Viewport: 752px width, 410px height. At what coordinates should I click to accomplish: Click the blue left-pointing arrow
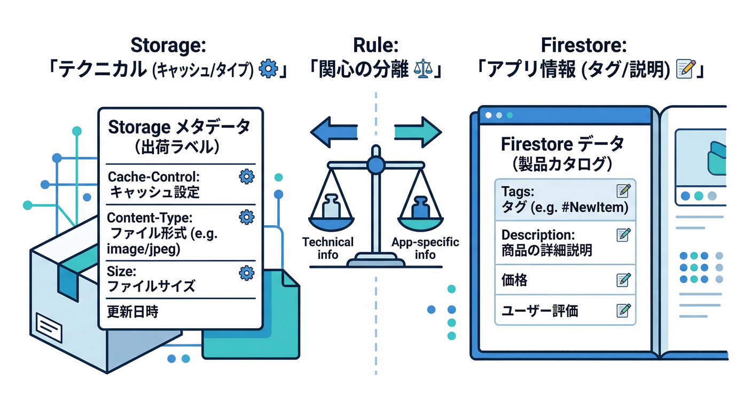point(334,131)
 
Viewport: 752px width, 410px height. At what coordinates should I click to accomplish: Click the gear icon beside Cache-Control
point(246,177)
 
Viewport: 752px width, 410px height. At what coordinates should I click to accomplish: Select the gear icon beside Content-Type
point(246,217)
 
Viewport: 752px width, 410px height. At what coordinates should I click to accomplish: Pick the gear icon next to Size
point(246,273)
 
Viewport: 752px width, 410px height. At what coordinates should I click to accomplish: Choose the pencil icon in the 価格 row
point(623,279)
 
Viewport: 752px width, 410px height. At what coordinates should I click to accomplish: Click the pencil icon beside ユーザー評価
point(623,310)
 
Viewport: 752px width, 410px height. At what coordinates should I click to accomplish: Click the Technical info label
point(328,248)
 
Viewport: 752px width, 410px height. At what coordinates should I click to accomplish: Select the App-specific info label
point(425,248)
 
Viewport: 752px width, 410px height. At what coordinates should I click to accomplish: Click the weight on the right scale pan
point(420,207)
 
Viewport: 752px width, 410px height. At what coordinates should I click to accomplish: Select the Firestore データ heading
point(562,144)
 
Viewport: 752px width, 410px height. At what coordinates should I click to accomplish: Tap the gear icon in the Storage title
point(267,70)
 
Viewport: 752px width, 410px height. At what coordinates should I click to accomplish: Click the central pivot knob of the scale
point(376,165)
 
